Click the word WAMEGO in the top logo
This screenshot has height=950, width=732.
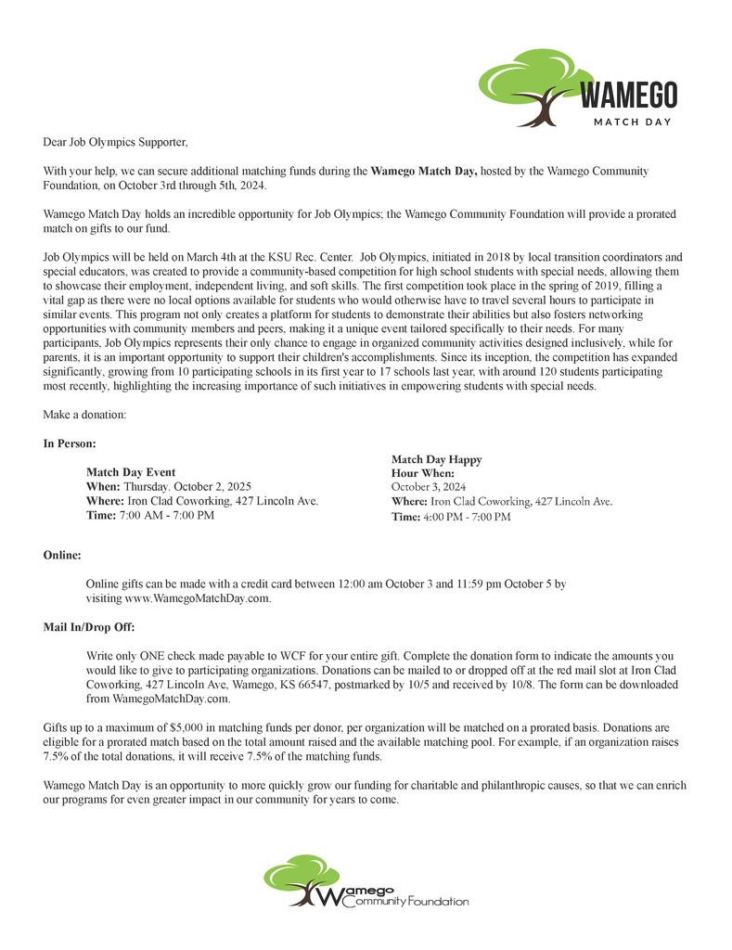pyautogui.click(x=628, y=94)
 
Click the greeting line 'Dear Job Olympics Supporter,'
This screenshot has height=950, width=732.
pyautogui.click(x=115, y=143)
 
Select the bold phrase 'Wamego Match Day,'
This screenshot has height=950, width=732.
pyautogui.click(x=424, y=172)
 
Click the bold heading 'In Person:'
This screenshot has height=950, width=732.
pyautogui.click(x=70, y=443)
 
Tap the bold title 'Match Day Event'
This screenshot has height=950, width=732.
pyautogui.click(x=131, y=472)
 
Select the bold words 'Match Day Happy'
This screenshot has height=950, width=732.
pyautogui.click(x=436, y=459)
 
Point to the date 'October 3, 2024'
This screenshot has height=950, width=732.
pyautogui.click(x=429, y=486)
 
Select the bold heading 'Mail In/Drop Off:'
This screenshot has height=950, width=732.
pyautogui.click(x=89, y=627)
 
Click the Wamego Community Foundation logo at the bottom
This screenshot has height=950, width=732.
pyautogui.click(x=366, y=881)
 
